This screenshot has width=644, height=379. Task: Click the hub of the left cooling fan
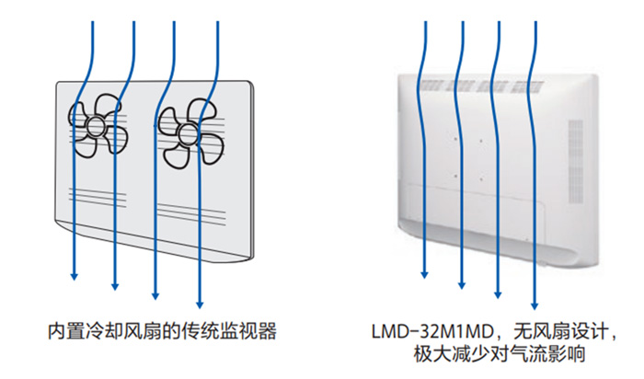[98, 126]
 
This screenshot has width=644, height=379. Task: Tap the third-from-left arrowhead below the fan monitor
[157, 295]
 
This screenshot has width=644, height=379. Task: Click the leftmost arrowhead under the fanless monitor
[425, 273]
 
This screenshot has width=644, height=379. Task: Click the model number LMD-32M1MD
[431, 329]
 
